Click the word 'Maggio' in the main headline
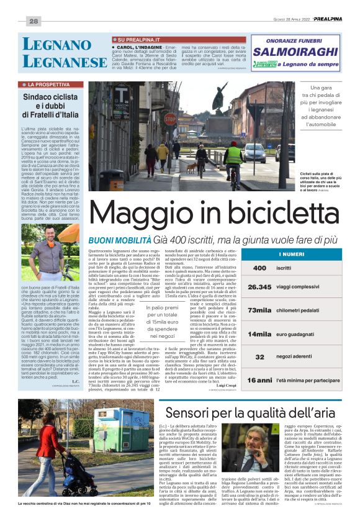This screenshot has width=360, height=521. [x=153, y=214]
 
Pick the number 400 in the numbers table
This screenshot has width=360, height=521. [x=259, y=268]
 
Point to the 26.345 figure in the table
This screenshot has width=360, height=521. [x=259, y=288]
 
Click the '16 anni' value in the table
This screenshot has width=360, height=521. [x=260, y=379]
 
